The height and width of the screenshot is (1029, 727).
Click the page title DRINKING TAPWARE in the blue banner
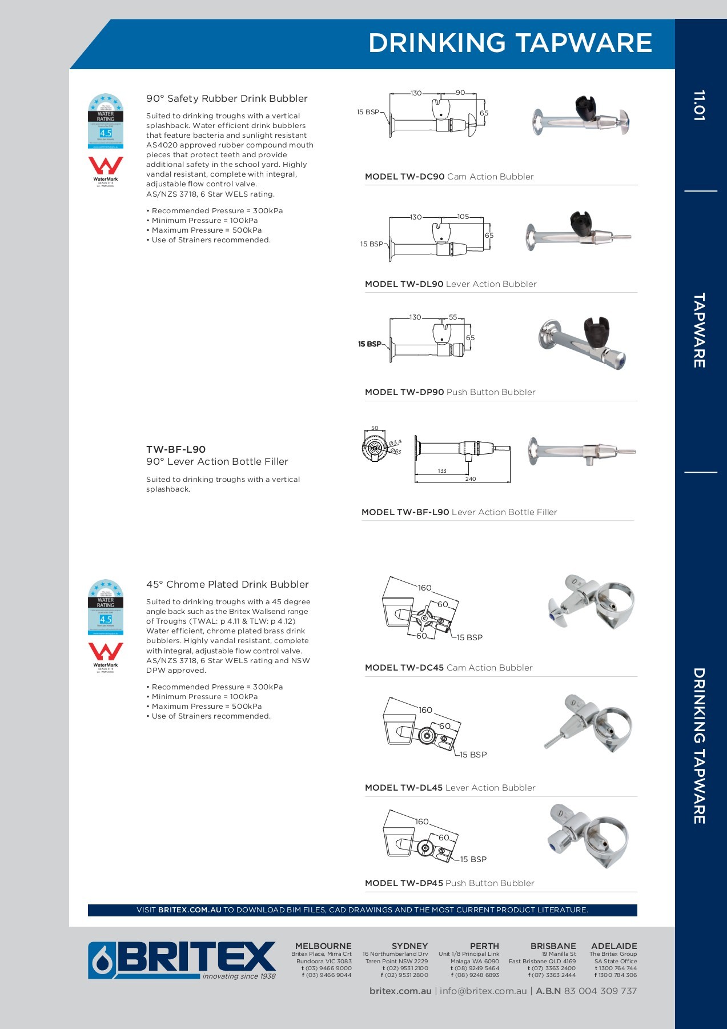(510, 43)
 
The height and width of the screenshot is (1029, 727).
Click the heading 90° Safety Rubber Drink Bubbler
(227, 98)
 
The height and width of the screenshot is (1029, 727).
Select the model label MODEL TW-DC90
(404, 177)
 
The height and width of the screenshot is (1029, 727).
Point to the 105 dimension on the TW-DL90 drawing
(463, 217)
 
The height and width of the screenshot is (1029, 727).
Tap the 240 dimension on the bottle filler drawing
(470, 479)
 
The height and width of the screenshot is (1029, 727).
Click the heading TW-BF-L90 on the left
(176, 449)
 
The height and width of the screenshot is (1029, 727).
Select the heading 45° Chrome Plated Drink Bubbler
(227, 584)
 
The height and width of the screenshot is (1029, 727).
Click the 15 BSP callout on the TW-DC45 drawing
(469, 637)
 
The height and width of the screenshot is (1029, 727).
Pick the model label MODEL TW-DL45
(404, 788)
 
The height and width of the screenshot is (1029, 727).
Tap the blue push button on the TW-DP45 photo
(553, 848)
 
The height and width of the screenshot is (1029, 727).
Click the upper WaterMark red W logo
(106, 166)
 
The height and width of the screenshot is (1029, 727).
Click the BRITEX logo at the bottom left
(182, 960)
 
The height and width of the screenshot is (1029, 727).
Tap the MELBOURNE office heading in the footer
(323, 946)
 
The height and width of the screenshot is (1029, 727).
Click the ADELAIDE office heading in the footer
(614, 946)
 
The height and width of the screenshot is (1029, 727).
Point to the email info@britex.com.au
(483, 991)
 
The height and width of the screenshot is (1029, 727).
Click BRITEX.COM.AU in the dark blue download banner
(190, 910)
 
